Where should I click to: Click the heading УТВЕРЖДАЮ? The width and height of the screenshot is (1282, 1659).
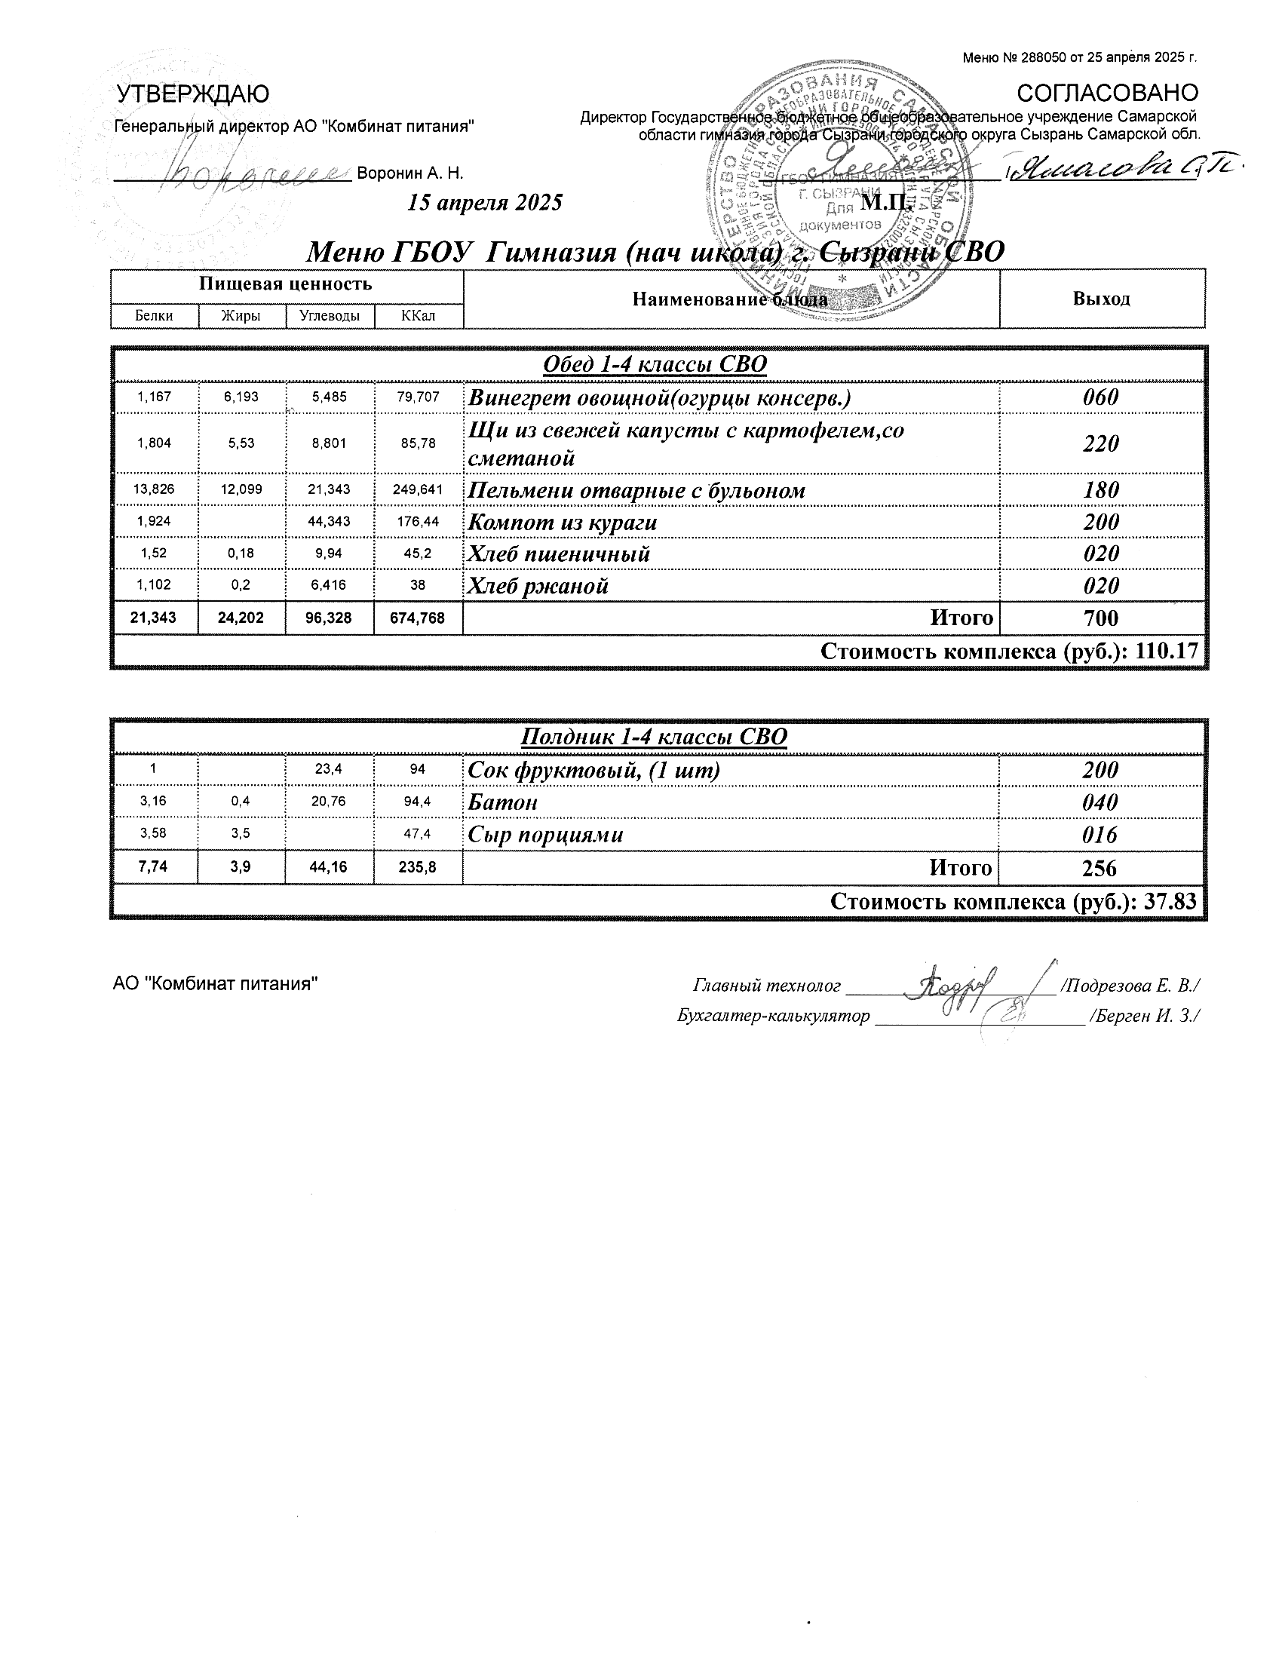click(193, 94)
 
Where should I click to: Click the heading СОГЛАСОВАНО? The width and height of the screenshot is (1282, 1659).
click(1107, 93)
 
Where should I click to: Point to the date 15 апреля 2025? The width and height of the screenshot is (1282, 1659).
click(486, 202)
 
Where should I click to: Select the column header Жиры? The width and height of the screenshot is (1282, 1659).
click(241, 316)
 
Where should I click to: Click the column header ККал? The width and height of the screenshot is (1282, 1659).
click(418, 316)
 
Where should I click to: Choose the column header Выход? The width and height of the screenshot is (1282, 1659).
click(1101, 299)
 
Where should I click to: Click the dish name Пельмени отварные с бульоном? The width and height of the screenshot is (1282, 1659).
click(636, 491)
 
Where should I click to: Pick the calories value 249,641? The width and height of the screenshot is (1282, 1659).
click(418, 490)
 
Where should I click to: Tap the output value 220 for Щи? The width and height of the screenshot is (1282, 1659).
click(1101, 443)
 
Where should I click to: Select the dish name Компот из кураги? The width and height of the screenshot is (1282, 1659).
click(562, 523)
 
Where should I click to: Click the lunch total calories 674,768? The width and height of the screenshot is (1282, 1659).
click(418, 618)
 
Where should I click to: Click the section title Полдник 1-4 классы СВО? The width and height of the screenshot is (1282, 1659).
click(654, 737)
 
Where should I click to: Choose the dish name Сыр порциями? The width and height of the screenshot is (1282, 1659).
click(545, 835)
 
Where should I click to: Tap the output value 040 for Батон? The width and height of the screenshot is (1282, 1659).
click(1100, 802)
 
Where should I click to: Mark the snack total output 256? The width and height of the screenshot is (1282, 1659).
click(1100, 868)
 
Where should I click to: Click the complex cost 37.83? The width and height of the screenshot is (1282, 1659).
click(1174, 902)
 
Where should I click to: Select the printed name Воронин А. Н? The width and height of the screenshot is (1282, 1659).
click(410, 173)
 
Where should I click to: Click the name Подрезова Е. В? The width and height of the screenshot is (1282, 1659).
click(1130, 986)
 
